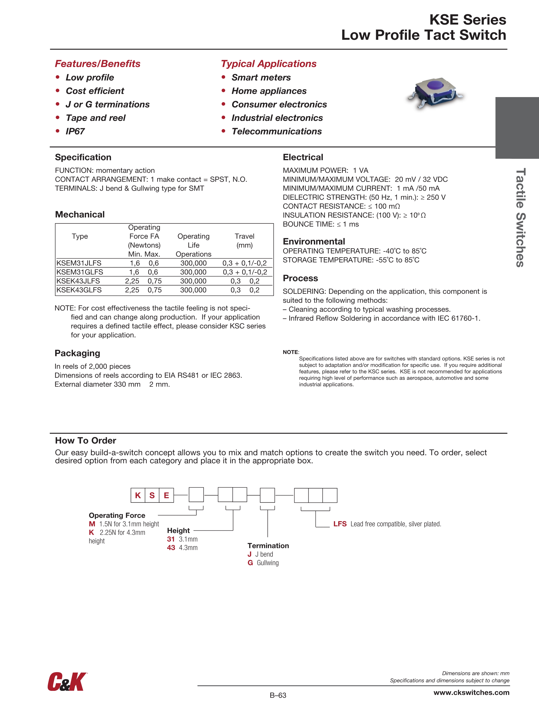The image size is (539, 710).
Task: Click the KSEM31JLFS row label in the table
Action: point(79,263)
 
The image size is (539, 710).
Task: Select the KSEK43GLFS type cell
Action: point(79,290)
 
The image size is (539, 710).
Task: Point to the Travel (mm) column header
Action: point(244,241)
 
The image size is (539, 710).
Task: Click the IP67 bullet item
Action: point(75,131)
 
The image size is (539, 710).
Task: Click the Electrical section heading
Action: point(303,157)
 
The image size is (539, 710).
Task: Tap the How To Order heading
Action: point(85,440)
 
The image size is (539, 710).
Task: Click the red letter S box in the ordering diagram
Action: point(152,495)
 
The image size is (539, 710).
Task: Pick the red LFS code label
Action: point(340,524)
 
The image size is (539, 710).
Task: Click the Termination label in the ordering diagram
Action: point(268,546)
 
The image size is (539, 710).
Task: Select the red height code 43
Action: point(171,548)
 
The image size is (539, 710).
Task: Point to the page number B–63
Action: point(278,695)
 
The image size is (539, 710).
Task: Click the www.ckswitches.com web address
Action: point(471,692)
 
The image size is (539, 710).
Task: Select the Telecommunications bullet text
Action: point(277,131)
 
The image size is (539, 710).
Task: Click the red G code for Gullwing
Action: point(250,563)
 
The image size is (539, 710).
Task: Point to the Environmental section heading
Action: point(314,241)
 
